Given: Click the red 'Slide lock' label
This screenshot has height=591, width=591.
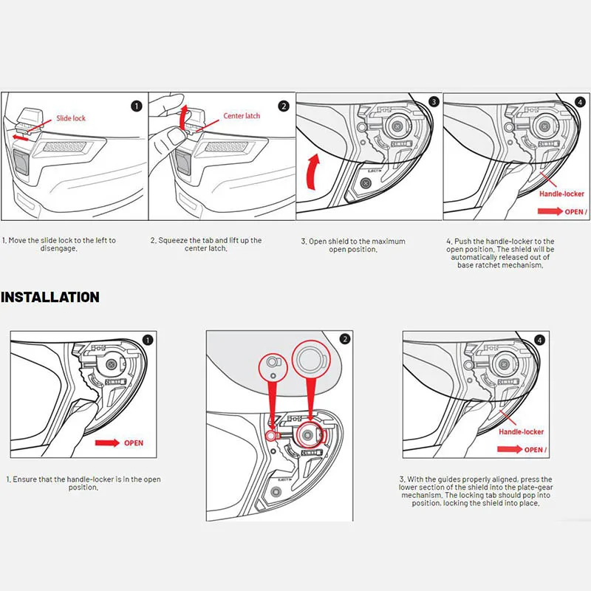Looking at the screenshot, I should (x=71, y=118).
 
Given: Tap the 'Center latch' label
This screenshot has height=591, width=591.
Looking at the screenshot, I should (x=242, y=116).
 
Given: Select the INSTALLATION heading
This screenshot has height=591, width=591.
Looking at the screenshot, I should (x=49, y=297).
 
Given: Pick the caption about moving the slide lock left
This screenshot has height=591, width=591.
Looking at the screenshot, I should (x=58, y=245).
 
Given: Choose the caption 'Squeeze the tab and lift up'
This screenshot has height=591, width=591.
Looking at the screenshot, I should (x=205, y=245).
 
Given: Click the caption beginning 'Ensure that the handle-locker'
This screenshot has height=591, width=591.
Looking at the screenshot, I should (x=83, y=483).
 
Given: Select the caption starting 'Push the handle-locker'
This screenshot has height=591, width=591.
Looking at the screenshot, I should (x=500, y=253).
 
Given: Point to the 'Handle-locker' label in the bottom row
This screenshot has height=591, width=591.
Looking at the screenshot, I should (x=521, y=431).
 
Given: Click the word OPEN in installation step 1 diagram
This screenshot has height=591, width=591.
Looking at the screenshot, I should (x=133, y=443).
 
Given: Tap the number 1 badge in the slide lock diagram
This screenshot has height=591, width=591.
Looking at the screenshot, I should (x=136, y=106).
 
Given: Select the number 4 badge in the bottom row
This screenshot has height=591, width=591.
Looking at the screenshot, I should (x=540, y=341).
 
